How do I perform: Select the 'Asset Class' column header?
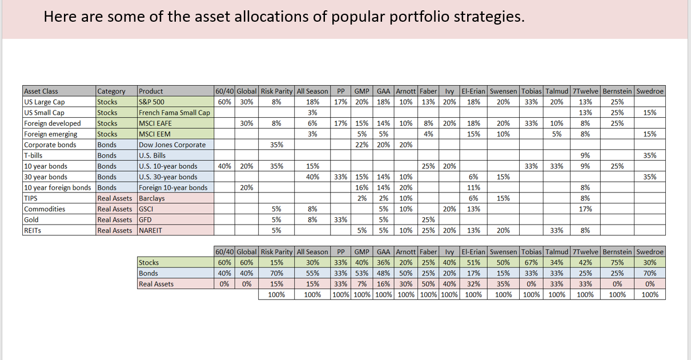coord(41,91)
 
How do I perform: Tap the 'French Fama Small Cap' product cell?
coord(174,113)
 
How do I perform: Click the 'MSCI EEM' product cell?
coord(155,134)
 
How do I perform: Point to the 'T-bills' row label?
coord(34,155)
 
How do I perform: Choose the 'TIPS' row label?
coord(31,198)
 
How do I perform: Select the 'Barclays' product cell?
coord(153,198)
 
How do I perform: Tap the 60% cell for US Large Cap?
coord(224,102)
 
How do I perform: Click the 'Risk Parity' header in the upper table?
coord(276,91)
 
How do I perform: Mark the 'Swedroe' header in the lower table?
coord(650,251)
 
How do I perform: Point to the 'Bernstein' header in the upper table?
coord(617,91)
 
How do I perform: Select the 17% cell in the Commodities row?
coord(585,209)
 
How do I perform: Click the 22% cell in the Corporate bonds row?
coord(361,145)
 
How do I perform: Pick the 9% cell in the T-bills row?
coord(585,155)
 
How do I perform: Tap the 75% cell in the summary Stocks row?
coord(617,262)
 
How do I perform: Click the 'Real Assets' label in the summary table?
coord(156,284)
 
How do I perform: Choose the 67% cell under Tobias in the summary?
coord(531,262)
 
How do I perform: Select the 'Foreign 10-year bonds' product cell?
coord(173,187)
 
